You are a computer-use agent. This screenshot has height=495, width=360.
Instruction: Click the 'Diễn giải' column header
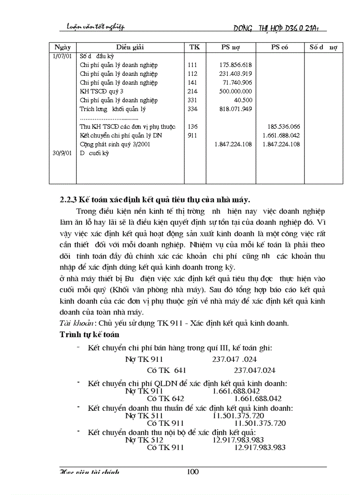tap(130, 47)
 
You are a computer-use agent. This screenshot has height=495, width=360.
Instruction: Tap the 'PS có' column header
tap(280, 47)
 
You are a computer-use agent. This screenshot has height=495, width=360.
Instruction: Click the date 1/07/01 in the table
tap(62, 56)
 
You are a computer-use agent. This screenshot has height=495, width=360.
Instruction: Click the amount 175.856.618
tap(235, 65)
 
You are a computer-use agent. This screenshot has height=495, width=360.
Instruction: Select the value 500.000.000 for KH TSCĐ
tap(235, 91)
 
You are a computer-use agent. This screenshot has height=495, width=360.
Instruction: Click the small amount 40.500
tap(243, 100)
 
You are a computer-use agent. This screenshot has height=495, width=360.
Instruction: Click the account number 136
tap(192, 127)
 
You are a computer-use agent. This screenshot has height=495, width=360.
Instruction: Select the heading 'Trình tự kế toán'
tap(90, 335)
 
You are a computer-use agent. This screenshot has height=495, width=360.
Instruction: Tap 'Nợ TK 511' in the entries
tap(144, 415)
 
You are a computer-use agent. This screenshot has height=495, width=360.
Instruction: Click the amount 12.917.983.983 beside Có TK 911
tap(259, 447)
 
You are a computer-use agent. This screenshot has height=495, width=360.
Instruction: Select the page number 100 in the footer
tap(193, 472)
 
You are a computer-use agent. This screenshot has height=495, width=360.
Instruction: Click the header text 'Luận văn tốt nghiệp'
tap(92, 27)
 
